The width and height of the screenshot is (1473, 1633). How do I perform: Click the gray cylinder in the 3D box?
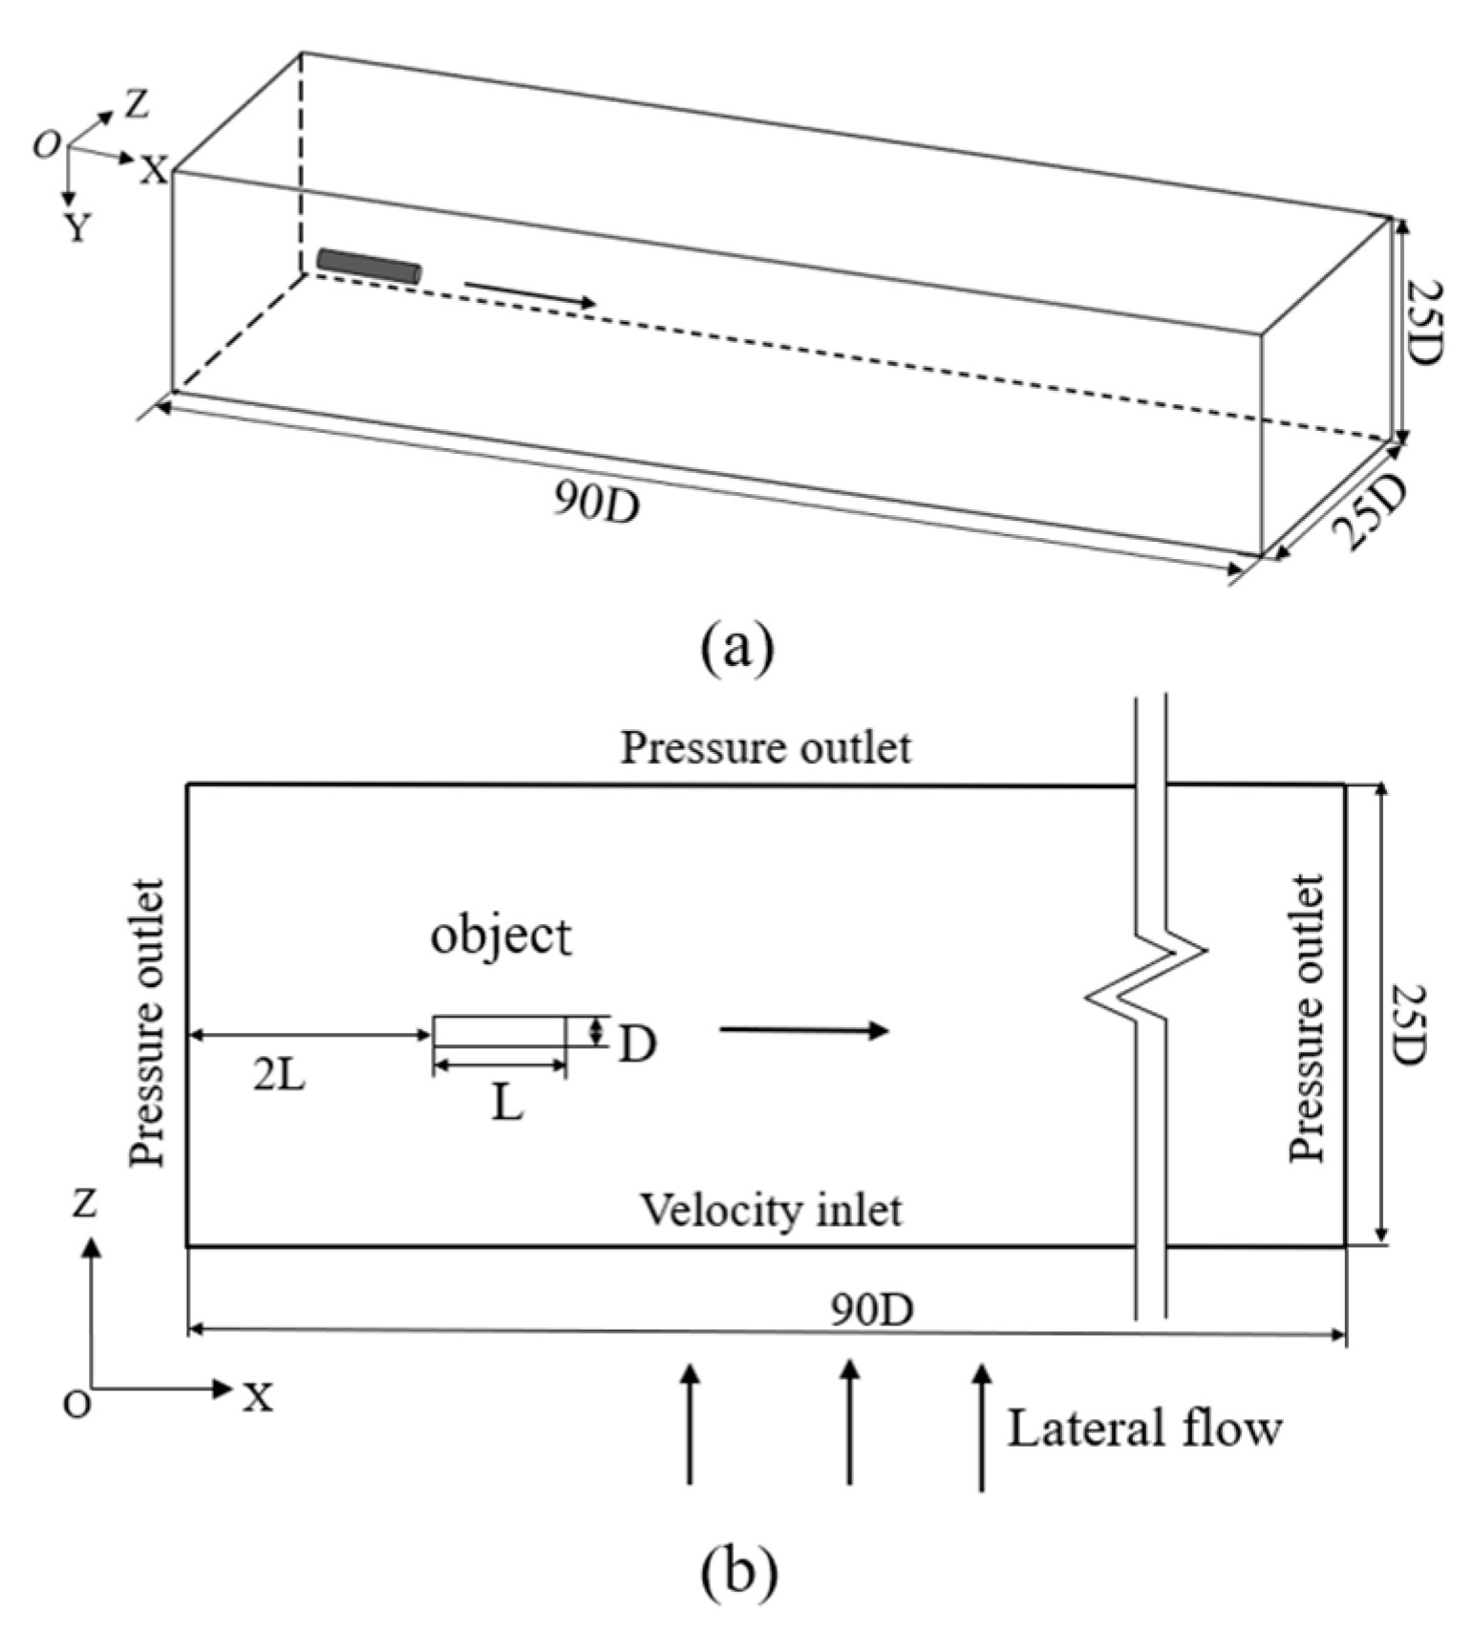(369, 265)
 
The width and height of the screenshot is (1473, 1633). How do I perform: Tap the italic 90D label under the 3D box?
(597, 501)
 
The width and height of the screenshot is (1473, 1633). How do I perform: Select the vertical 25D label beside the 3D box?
(1424, 321)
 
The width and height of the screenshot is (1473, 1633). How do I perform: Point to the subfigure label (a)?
(736, 647)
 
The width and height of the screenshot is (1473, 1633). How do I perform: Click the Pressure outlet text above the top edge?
(765, 747)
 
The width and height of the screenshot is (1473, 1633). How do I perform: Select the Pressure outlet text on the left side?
(148, 1022)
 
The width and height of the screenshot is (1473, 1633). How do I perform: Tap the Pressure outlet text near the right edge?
(1307, 1018)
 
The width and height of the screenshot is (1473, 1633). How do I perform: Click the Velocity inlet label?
(770, 1211)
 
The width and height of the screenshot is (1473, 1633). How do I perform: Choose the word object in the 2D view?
(501, 935)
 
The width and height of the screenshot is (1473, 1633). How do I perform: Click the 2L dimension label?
(279, 1076)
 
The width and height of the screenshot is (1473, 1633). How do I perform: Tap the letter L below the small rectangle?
(507, 1106)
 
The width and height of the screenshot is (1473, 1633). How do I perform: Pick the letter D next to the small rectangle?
(637, 1044)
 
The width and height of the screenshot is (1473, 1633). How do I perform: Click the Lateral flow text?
(1143, 1429)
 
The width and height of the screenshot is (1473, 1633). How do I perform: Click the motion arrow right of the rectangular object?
(804, 1029)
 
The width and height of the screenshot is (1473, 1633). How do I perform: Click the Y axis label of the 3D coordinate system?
(78, 227)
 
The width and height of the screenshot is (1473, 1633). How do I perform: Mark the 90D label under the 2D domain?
(870, 1310)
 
